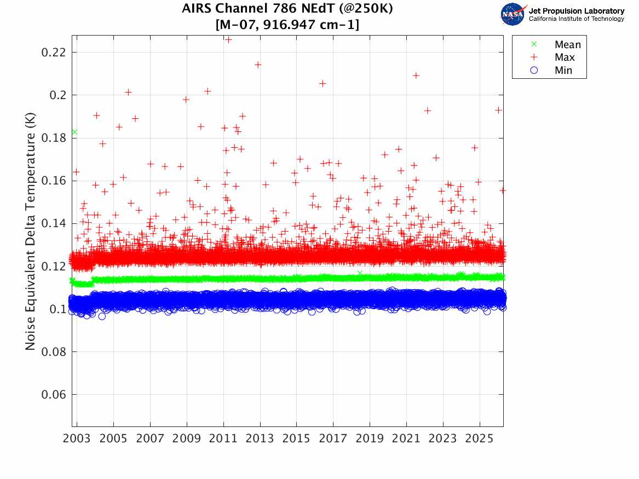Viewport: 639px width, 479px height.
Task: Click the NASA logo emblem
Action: tap(513, 15)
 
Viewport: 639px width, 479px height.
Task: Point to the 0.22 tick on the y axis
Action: tap(53, 53)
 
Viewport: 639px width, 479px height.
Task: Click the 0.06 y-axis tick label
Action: tap(53, 395)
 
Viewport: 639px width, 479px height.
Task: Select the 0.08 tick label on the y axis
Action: tap(53, 352)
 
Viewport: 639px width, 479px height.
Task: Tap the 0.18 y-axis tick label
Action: tap(53, 138)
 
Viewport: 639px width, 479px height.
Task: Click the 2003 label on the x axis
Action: tap(77, 438)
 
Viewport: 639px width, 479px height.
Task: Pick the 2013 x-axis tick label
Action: tap(260, 438)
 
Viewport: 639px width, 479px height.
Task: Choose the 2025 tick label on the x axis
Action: tap(480, 438)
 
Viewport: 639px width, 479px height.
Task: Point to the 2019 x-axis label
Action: tap(370, 438)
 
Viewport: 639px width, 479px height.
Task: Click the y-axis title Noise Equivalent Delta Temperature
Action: tap(30, 232)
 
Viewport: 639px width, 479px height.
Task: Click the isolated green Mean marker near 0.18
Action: tap(74, 132)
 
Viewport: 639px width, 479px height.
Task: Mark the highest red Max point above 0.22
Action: tap(229, 40)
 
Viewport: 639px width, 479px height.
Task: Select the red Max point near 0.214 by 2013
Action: tap(257, 65)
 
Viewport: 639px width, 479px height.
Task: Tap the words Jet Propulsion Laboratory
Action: tap(577, 11)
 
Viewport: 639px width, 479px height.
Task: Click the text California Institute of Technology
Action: tap(577, 19)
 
